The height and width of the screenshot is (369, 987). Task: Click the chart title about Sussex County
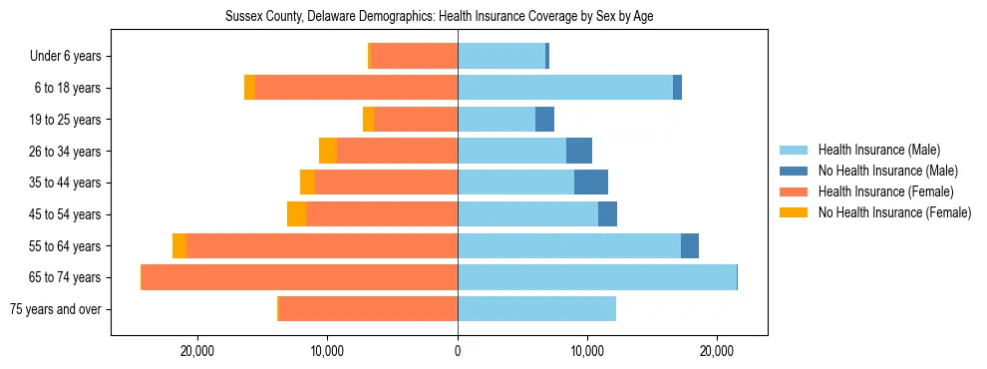pos(439,17)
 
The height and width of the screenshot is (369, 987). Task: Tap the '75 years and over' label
pos(55,309)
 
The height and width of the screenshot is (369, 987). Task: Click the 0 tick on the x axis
pos(458,351)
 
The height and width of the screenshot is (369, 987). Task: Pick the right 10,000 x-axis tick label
pos(587,351)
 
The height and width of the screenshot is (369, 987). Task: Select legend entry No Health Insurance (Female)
pos(894,212)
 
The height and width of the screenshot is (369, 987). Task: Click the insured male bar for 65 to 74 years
pos(596,277)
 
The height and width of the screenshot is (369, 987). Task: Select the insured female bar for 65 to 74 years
pos(299,277)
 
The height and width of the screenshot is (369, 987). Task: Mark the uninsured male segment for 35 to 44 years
pos(591,183)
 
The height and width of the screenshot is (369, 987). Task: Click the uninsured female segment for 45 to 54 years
pos(296,214)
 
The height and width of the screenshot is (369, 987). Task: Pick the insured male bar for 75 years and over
pos(536,309)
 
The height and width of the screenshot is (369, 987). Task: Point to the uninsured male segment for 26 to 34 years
pos(579,151)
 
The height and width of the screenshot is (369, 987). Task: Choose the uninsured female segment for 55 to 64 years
pos(179,245)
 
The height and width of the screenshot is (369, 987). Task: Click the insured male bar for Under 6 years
pos(501,57)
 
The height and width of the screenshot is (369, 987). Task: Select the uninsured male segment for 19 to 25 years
pos(544,120)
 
